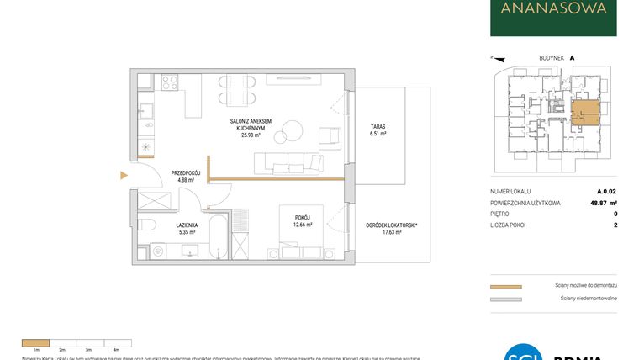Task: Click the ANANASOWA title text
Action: [553, 9]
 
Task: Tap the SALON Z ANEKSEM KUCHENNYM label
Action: [251, 127]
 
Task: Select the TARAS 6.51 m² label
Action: [378, 130]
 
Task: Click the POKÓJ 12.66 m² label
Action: [303, 220]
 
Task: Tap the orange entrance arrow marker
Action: [124, 175]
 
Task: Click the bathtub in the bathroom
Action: [217, 238]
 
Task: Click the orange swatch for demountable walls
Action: [505, 287]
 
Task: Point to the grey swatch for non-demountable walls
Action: [505, 299]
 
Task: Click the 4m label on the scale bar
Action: [116, 347]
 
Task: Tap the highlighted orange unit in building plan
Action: [584, 114]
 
